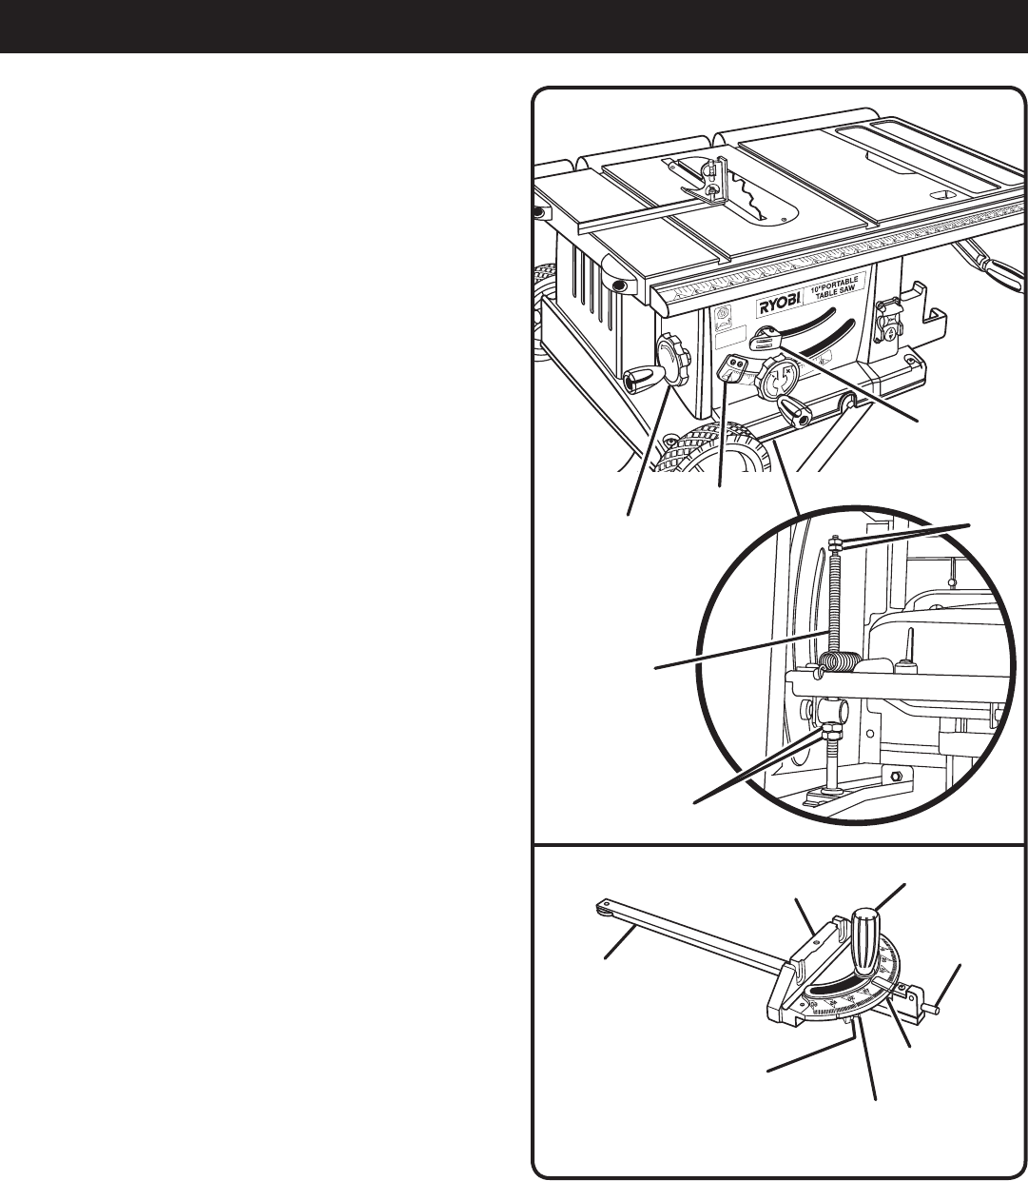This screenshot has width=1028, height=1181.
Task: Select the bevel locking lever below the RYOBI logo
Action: pos(766,338)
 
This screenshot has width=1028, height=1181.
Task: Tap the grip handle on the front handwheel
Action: pos(797,413)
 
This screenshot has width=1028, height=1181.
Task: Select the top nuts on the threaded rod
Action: pos(834,544)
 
